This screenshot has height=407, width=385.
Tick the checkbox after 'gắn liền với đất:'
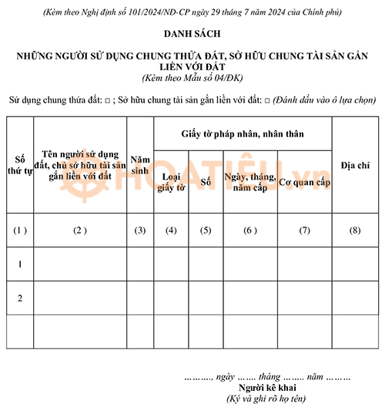coord(266,101)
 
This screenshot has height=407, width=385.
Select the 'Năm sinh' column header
coord(139,163)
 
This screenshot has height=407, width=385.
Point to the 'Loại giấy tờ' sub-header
coord(171,183)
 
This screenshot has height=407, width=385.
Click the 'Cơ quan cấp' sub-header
coord(304,183)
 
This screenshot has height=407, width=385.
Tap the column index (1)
coord(20,230)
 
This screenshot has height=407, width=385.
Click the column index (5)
coord(206,230)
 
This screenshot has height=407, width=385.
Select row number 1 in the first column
coord(20,264)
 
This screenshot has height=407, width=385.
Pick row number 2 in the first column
coord(20,298)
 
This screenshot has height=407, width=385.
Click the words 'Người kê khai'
coord(266,387)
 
